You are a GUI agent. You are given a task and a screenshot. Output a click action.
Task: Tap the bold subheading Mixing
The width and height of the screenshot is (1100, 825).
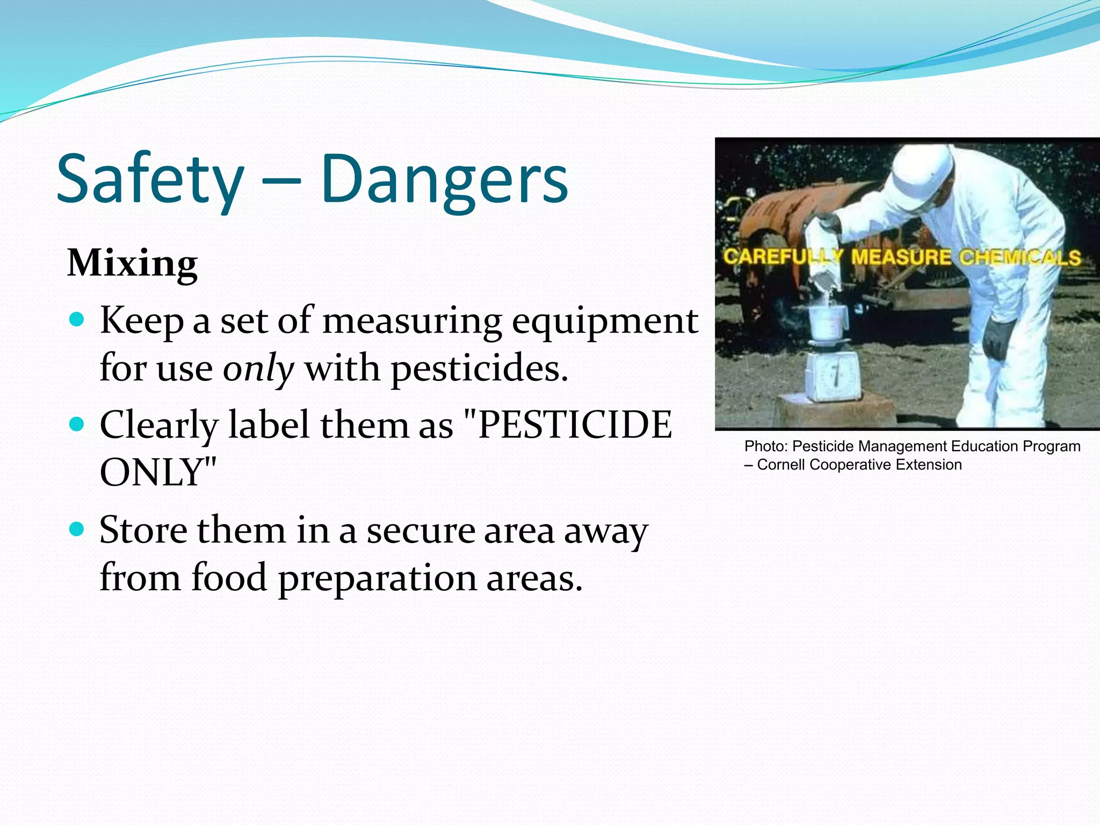point(132,264)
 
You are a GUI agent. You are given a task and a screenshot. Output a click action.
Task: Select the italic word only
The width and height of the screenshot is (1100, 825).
point(258,369)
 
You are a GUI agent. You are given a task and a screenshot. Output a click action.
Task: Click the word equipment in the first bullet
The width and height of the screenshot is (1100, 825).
point(605,321)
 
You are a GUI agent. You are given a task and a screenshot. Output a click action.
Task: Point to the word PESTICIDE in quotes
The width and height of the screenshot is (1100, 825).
point(575,425)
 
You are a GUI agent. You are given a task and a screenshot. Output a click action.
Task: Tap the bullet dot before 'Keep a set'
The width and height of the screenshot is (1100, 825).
point(77,320)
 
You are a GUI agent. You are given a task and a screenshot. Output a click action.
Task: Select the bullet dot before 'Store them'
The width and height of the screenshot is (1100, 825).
point(77,530)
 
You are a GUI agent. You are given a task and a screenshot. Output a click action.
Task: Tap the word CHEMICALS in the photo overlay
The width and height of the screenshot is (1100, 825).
point(1020,258)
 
